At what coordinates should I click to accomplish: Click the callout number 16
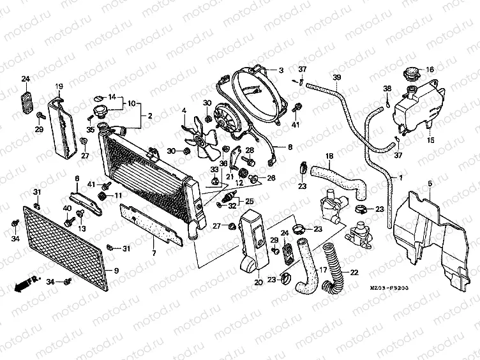pos(430,70)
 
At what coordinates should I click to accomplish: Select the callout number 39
pos(336,77)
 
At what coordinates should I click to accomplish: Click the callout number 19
pos(58,86)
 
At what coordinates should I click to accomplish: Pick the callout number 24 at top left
pos(26,79)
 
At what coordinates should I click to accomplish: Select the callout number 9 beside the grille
pos(116,271)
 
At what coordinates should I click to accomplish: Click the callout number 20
pos(259,282)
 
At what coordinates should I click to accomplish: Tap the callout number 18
pos(329,156)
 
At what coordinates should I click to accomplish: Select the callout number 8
pos(289,147)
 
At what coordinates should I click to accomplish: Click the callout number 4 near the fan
pos(184,110)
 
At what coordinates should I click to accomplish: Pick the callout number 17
pos(324,270)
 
